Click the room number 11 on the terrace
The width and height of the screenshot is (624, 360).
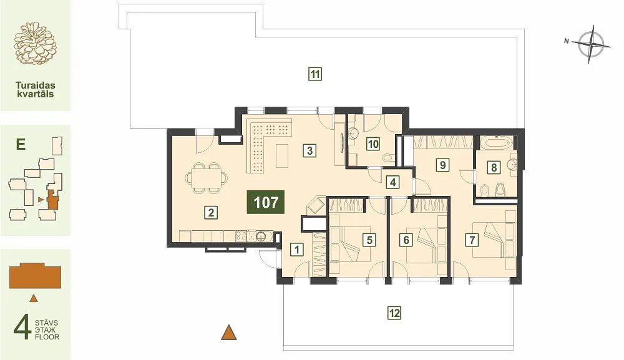pyautogui.click(x=314, y=74)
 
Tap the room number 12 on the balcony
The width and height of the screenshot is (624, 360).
pyautogui.click(x=394, y=313)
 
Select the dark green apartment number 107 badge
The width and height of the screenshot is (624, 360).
pyautogui.click(x=265, y=202)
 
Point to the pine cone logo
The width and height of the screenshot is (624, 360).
pyautogui.click(x=35, y=43)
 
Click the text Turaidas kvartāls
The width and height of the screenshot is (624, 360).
pyautogui.click(x=35, y=90)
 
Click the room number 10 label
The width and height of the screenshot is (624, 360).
pyautogui.click(x=373, y=144)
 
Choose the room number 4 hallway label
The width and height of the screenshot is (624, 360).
pyautogui.click(x=392, y=182)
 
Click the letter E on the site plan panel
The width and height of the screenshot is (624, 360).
pyautogui.click(x=21, y=144)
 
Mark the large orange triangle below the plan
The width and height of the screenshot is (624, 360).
pyautogui.click(x=229, y=333)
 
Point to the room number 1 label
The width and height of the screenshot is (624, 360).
pyautogui.click(x=296, y=250)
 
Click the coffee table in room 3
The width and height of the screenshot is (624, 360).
pyautogui.click(x=282, y=156)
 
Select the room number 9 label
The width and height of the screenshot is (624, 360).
pyautogui.click(x=442, y=164)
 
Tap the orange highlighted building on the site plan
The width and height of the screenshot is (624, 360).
pyautogui.click(x=52, y=200)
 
